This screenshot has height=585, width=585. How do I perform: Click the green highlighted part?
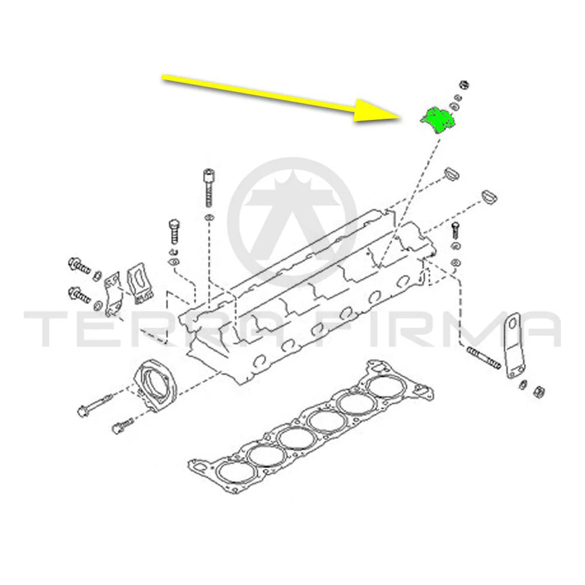(x=438, y=120)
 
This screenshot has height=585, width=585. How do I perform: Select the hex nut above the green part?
(x=463, y=85)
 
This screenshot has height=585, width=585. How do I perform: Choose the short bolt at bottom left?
(x=122, y=426)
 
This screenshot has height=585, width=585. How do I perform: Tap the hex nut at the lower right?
(x=539, y=392)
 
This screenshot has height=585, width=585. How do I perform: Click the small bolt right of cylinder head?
(x=455, y=230)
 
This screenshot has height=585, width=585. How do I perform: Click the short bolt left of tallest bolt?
(x=174, y=232)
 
